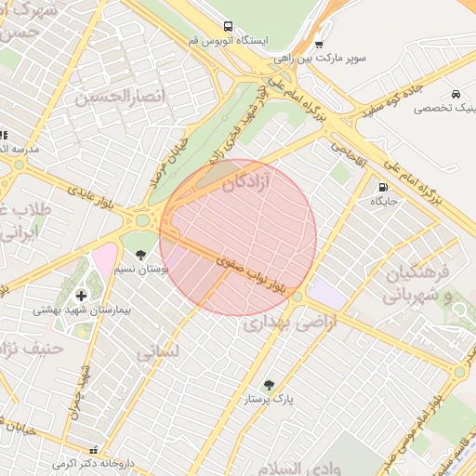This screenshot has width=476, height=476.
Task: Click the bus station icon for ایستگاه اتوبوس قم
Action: tap(229, 26)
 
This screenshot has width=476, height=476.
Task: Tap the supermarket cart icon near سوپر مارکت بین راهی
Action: tap(319, 44)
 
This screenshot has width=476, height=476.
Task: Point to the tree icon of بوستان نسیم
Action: tap(140, 254)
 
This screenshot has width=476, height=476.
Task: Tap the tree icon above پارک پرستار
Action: tap(269, 385)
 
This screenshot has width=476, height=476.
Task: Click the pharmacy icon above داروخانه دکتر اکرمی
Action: tap(92, 449)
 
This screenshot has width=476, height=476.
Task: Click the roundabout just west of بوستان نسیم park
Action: tap(143, 221)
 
